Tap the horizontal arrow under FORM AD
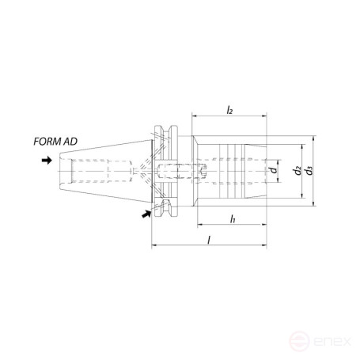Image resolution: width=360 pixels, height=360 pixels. [47, 160]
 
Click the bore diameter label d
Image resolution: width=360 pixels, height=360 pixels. [273, 169]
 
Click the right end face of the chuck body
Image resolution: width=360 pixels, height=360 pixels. [265, 170]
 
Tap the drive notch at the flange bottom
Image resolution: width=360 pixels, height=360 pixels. [168, 207]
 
